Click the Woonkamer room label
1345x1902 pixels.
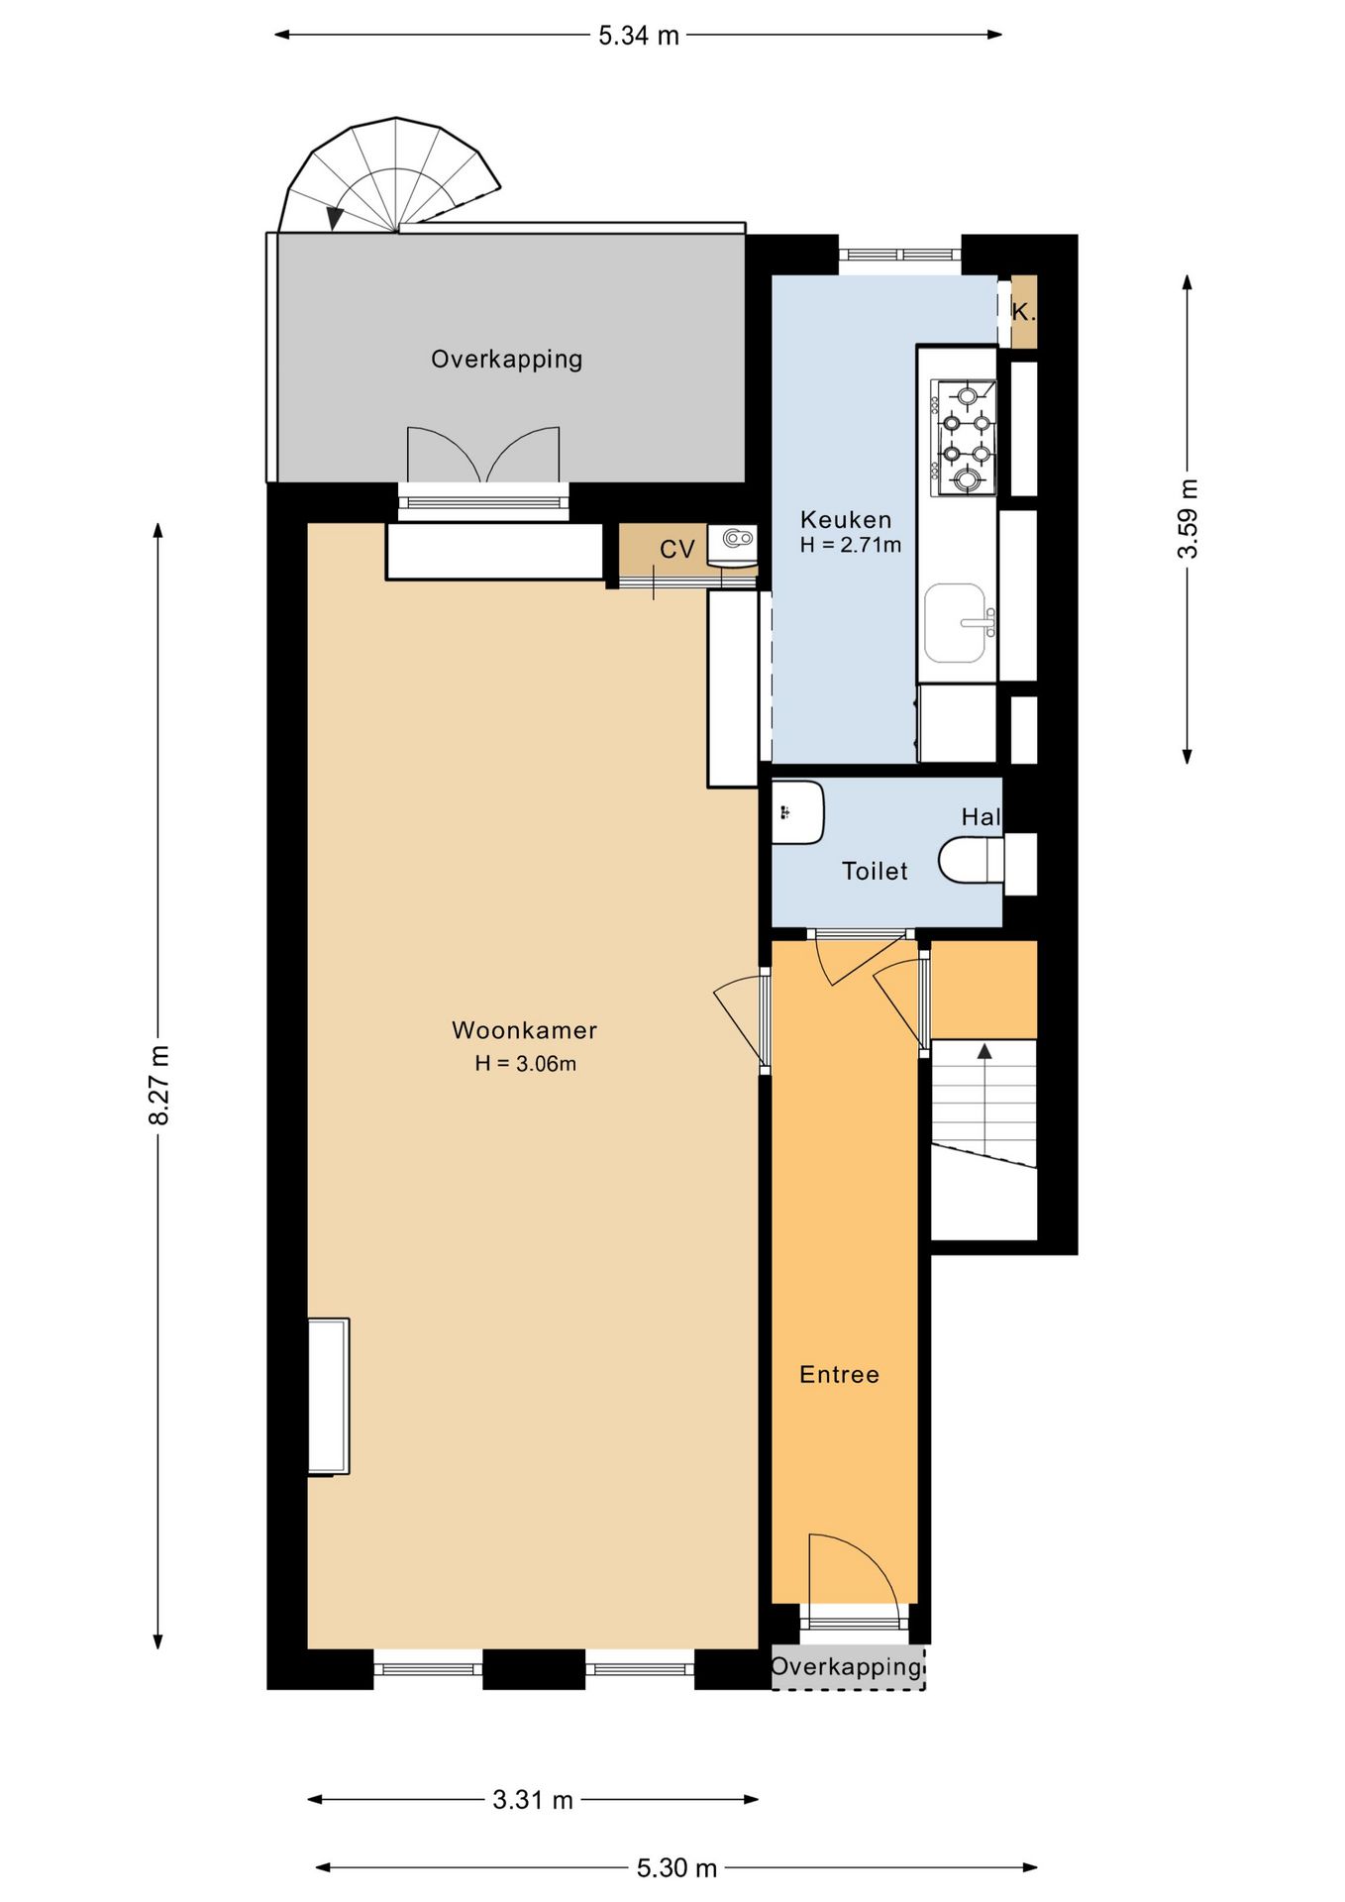click(524, 1030)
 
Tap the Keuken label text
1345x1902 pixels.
click(846, 520)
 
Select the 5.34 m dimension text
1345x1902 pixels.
click(639, 36)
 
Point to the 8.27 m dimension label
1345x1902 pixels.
click(159, 1085)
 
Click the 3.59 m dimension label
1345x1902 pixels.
click(1189, 518)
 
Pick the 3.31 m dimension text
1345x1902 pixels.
click(533, 1800)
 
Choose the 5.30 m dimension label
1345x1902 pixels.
click(676, 1868)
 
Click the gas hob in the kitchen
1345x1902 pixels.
click(963, 438)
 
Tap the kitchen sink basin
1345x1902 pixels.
click(955, 623)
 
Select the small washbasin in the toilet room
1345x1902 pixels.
click(797, 812)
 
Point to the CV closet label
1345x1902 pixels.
click(677, 550)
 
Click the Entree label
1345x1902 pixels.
click(839, 1375)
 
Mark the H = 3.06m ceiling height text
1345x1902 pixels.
click(525, 1064)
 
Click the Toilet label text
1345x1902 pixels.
click(875, 872)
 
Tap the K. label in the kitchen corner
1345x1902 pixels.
click(1023, 312)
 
